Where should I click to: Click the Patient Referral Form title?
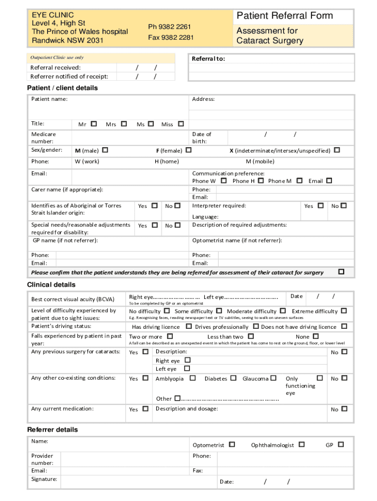tap(284, 16)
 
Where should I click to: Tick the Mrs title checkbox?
tap(124, 124)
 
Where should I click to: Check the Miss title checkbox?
tap(181, 124)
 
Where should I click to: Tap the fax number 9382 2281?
tap(171, 38)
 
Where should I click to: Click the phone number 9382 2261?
tap(169, 26)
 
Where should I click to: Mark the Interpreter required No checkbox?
tap(344, 205)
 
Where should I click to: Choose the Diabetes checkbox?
tap(233, 378)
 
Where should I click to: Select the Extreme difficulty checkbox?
tap(344, 311)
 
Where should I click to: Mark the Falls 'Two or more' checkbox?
tap(170, 336)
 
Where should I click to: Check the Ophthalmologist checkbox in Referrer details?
tap(302, 444)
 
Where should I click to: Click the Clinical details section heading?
tap(51, 285)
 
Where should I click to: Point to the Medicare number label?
tap(44, 137)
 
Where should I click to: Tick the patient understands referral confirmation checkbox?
tap(341, 272)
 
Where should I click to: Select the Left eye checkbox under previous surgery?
tap(187, 368)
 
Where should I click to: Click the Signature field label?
tap(44, 479)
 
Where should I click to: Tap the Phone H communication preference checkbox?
tap(261, 181)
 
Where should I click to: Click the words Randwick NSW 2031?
tap(68, 41)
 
